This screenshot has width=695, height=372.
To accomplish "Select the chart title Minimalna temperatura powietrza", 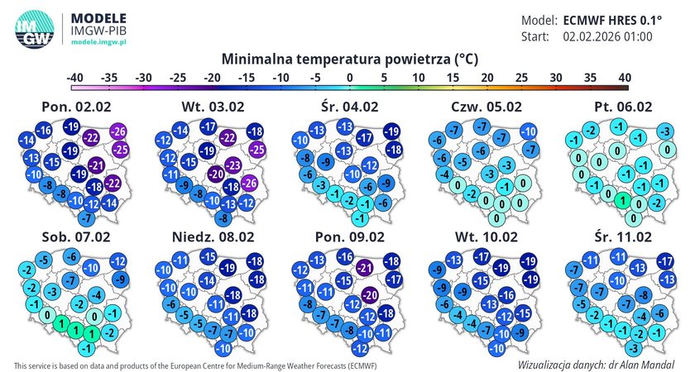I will coord(350,60).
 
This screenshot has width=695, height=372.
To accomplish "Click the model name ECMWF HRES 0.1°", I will coord(608,21).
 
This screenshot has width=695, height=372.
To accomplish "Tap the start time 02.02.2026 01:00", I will coord(608,37).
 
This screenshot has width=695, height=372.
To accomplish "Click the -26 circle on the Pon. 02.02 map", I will coord(118,132).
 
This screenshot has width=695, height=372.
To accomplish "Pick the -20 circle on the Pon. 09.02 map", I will coord(370,295).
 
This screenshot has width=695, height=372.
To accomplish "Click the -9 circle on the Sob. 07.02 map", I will coord(121,279).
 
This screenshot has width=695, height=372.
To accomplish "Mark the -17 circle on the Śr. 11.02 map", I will coord(664,262).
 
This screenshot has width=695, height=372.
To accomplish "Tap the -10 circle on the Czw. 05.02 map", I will coord(528,132).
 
